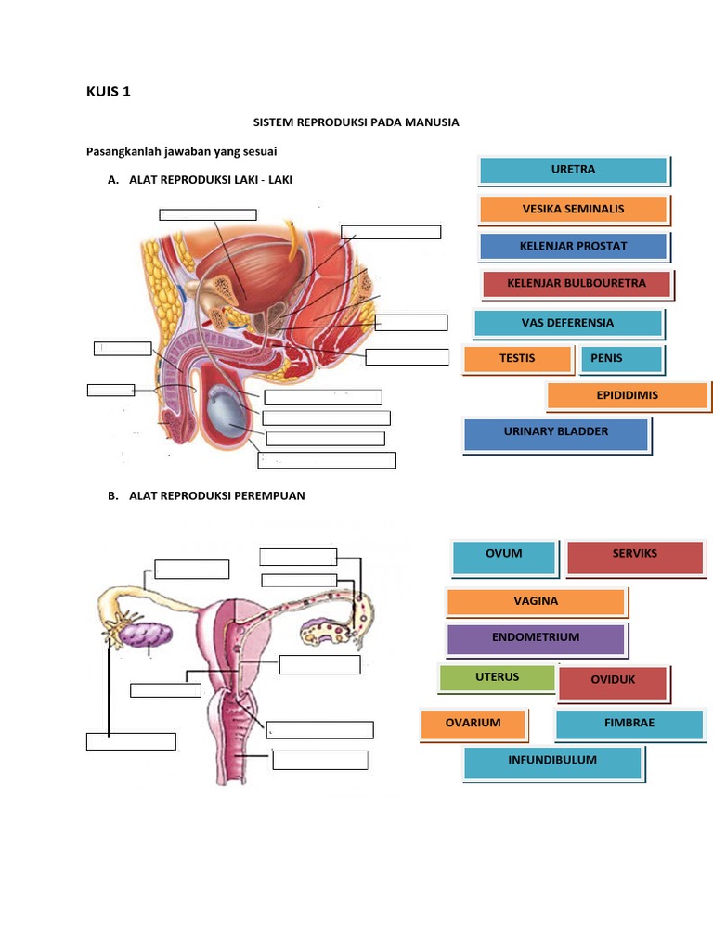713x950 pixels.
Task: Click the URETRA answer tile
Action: [574, 171]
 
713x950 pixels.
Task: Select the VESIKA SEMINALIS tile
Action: [574, 209]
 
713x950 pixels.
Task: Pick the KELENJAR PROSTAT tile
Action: [574, 247]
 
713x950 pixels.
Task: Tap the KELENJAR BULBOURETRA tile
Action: [577, 284]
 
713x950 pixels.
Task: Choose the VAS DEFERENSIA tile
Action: [568, 323]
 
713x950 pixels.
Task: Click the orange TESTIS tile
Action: [518, 359]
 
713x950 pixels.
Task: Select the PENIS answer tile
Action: [621, 359]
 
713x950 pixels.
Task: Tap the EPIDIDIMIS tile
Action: [628, 395]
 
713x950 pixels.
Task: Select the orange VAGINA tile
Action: [536, 601]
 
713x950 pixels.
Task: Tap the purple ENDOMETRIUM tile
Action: [536, 639]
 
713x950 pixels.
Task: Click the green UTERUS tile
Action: [497, 678]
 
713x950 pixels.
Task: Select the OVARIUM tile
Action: [473, 724]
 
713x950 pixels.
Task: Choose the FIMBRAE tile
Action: [629, 724]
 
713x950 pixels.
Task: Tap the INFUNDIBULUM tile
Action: [553, 763]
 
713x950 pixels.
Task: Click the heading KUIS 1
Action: [109, 92]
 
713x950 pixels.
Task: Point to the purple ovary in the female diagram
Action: [146, 635]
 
